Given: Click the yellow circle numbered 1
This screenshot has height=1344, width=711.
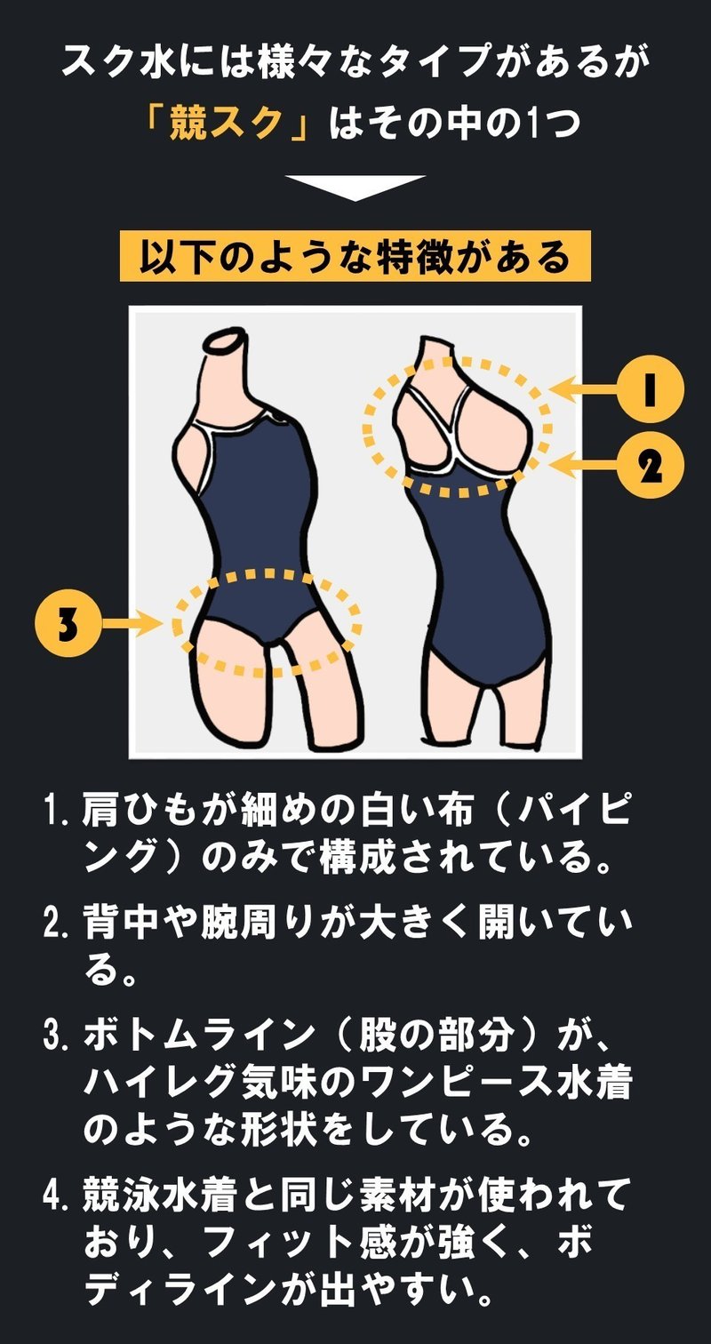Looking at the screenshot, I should pyautogui.click(x=651, y=388).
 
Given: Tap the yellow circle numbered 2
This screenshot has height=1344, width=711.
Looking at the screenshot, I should pyautogui.click(x=651, y=465).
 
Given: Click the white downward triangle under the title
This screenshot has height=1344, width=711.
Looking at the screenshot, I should pyautogui.click(x=355, y=188).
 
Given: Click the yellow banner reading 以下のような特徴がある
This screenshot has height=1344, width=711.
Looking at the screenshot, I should pyautogui.click(x=355, y=256).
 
